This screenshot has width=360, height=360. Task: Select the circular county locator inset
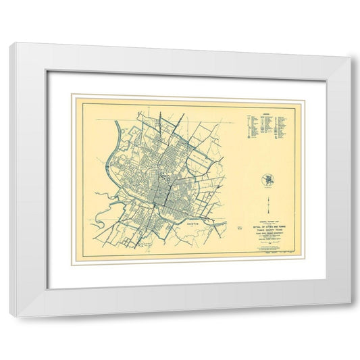click(267, 180)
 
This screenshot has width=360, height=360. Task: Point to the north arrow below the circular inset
click(268, 205)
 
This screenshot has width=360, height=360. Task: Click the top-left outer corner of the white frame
click(12, 43)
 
